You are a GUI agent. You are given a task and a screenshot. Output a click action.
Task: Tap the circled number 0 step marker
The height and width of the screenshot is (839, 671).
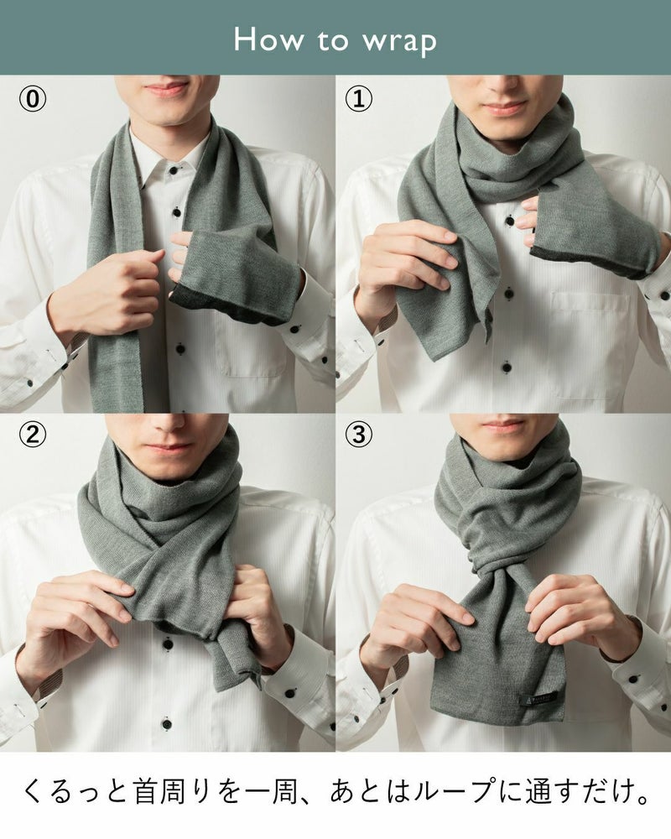pos(33,99)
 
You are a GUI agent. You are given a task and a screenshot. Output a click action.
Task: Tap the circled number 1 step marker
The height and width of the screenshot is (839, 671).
pos(358,99)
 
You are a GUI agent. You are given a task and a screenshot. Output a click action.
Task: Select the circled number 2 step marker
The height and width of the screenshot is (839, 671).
pos(33,435)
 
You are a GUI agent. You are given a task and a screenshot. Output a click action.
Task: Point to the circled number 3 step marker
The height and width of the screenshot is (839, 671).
pos(358,435)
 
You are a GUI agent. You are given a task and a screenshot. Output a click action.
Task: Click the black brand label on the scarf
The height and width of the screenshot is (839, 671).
pos(538,700)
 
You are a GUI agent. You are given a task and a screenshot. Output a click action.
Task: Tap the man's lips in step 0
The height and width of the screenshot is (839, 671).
pos(166,88)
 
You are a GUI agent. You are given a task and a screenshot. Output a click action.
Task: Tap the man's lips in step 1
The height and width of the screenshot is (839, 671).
pos(505,108)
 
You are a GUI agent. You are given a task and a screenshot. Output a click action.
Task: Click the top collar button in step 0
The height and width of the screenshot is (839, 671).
pos(173,170)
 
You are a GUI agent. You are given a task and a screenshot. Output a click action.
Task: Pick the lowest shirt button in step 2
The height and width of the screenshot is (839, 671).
pos(167,724)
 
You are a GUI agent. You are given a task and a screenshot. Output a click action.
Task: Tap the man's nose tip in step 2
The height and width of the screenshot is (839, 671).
pos(166,425)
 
